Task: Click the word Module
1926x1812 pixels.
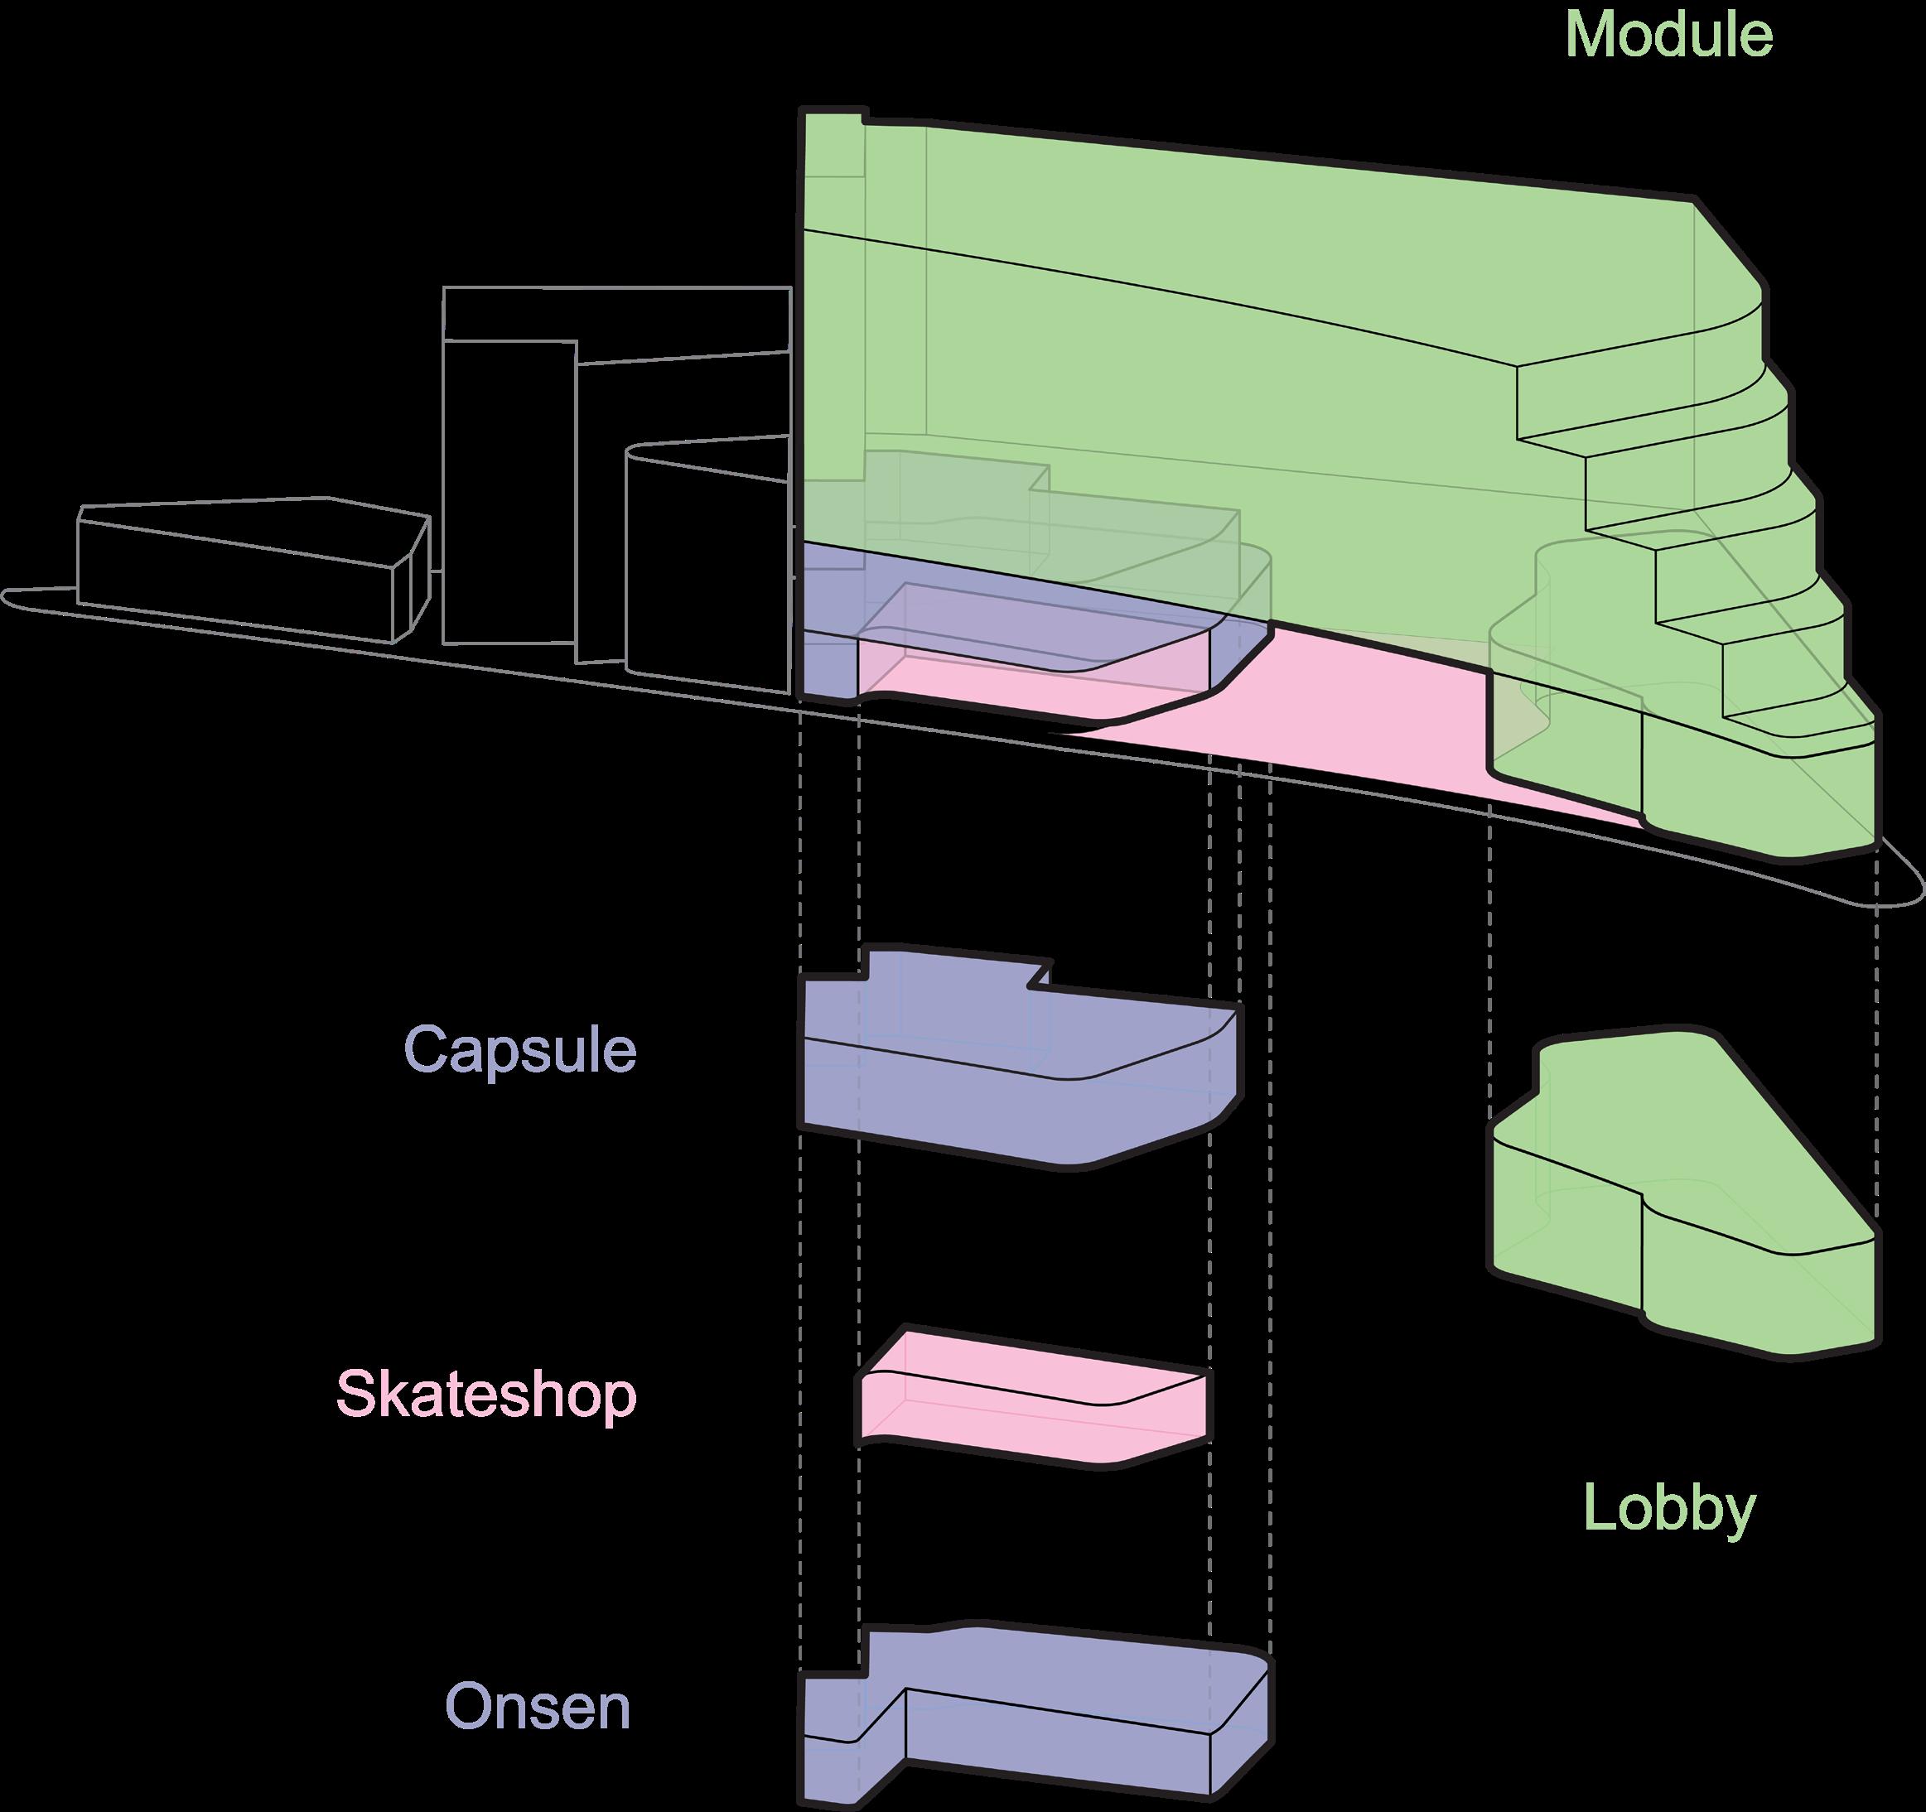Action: [1668, 35]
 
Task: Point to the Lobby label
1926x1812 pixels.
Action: [1669, 1509]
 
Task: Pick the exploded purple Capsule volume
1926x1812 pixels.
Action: [1017, 1075]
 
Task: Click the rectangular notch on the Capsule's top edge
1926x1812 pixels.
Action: [1040, 976]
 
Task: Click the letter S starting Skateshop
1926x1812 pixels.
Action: [355, 1395]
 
